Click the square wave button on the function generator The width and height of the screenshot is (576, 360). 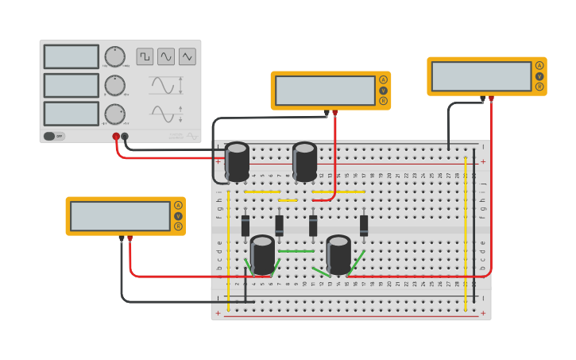coord(145,56)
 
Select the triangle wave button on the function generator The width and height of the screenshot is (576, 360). coord(187,56)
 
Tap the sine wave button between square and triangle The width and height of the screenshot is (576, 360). coord(165,56)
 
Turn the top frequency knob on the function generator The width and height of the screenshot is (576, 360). coord(115,56)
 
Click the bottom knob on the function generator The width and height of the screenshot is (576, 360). coord(115,114)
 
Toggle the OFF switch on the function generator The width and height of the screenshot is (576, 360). coord(54,136)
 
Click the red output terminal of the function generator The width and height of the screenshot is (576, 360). coord(116,137)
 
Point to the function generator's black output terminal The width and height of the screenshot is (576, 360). coord(125,137)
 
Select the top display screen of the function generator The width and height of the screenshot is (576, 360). coord(72,56)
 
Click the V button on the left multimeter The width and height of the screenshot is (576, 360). coord(178,216)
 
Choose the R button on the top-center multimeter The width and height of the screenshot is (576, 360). coord(383,101)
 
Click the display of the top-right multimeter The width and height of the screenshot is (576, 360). coord(481,76)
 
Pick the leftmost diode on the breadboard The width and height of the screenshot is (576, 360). coord(245,225)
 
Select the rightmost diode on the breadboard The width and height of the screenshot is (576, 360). coord(364,225)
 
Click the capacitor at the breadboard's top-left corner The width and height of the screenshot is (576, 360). coord(237,161)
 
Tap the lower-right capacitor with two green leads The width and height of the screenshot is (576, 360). coord(338,254)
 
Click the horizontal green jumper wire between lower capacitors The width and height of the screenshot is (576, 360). coord(296,251)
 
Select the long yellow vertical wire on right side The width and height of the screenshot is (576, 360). coord(466,246)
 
